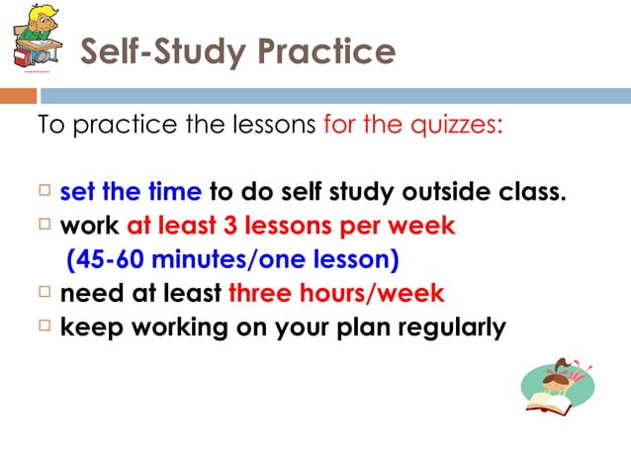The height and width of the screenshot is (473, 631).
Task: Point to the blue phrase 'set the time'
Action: point(131,190)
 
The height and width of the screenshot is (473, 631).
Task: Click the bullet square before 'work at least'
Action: point(44,225)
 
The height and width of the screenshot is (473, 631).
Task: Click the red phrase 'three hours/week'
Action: point(336,294)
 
